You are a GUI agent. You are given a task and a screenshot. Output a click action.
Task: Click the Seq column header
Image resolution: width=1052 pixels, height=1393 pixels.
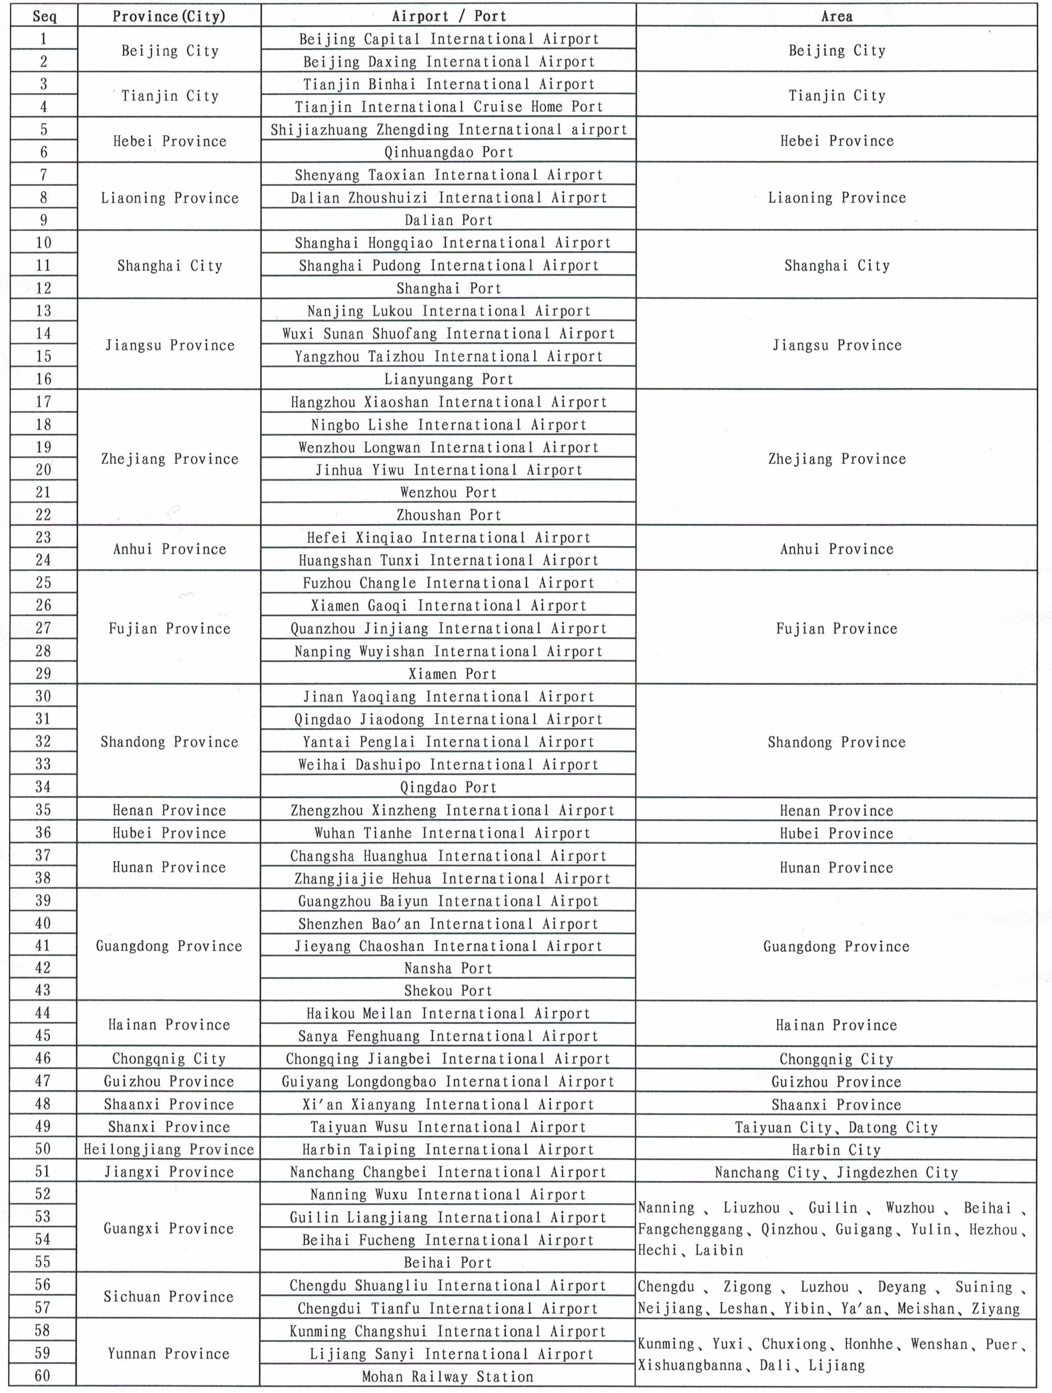[x=44, y=16]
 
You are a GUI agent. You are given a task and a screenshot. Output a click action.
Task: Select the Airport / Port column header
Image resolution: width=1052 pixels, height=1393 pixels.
[x=448, y=16]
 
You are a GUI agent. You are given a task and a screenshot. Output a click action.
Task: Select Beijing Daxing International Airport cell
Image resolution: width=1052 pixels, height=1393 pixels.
[x=448, y=62]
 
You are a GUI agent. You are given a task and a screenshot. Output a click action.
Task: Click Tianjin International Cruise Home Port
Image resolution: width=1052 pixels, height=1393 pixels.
[x=448, y=107]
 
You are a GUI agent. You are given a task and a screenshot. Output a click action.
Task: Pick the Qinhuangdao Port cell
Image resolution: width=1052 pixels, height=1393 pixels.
[x=448, y=152]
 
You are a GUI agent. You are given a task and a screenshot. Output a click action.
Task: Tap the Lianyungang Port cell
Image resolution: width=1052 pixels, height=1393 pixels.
[x=448, y=379]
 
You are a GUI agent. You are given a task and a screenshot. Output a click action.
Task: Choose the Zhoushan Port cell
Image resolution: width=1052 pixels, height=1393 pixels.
[x=448, y=515]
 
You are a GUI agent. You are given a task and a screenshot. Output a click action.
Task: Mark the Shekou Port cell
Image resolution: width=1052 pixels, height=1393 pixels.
[x=448, y=991]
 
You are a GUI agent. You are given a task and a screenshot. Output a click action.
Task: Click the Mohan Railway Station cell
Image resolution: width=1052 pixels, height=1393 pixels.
[x=447, y=1376]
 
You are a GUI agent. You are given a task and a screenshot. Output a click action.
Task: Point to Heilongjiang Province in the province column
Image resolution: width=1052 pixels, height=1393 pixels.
[x=169, y=1149]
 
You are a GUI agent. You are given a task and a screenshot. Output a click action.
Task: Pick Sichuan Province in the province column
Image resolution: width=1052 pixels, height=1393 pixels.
[x=169, y=1297]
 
